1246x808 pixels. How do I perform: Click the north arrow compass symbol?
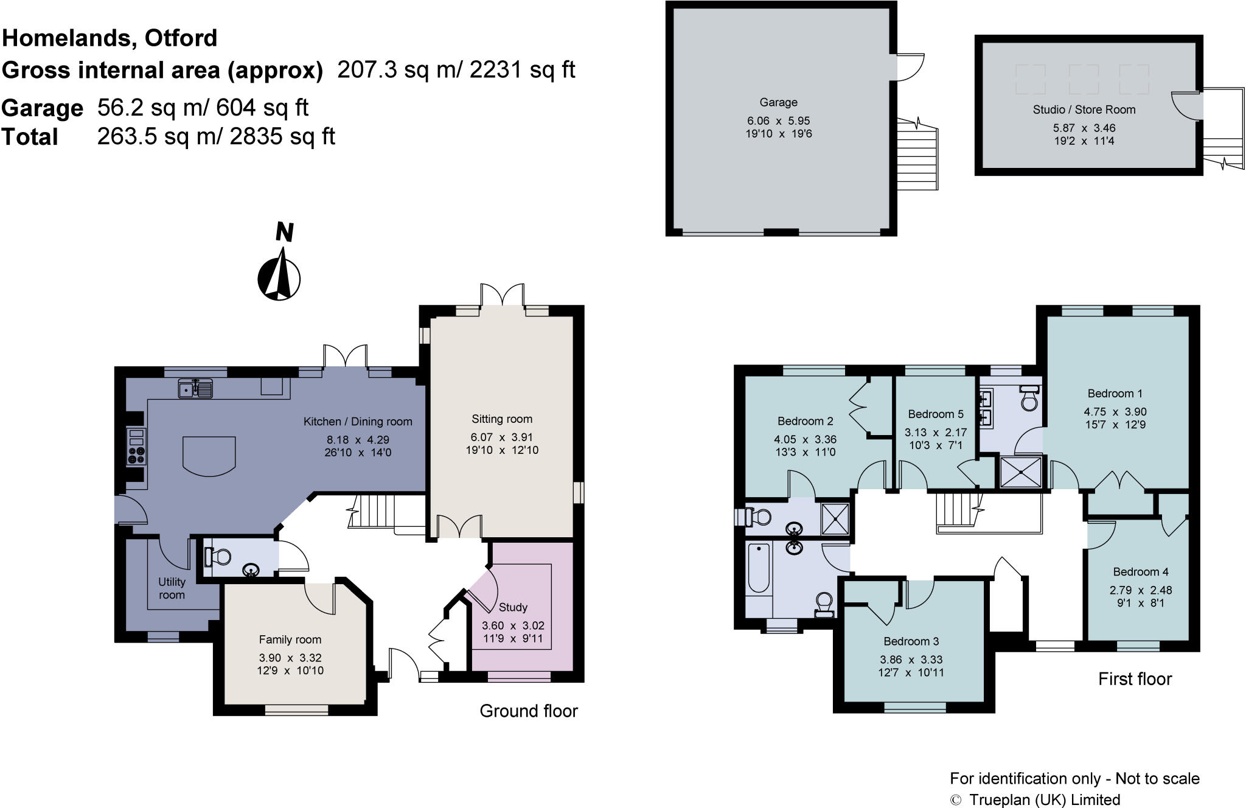point(279,278)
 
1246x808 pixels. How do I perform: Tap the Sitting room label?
point(501,419)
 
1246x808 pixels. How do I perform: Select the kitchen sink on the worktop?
point(196,388)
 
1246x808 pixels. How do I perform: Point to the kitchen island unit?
point(209,455)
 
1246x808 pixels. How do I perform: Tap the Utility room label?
point(172,588)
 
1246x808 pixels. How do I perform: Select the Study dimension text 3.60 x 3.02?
point(513,625)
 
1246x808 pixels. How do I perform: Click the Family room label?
point(290,639)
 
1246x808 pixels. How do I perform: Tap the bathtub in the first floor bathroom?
point(759,568)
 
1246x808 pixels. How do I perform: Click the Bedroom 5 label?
point(935,414)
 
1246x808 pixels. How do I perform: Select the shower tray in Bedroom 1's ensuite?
point(1021,472)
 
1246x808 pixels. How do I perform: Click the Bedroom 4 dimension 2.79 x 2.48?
point(1140,590)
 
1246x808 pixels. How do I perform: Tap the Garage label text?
point(778,102)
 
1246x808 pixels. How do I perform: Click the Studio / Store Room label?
point(1084,110)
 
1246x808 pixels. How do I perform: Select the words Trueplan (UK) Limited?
point(1044,799)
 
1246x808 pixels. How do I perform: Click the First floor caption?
point(1134,679)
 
